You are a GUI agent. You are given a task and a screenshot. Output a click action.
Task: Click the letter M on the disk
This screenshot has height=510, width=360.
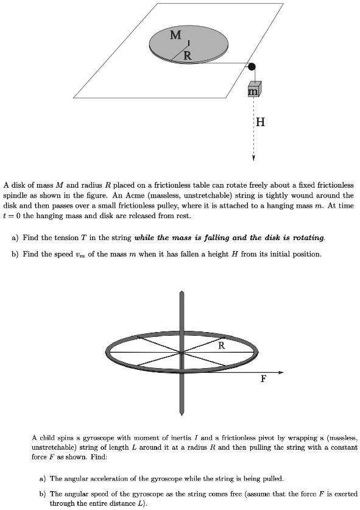click(175, 36)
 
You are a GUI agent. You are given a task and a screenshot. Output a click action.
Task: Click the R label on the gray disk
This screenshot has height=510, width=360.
click(188, 56)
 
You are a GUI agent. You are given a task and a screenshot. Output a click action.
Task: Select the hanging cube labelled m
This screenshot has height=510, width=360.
click(254, 89)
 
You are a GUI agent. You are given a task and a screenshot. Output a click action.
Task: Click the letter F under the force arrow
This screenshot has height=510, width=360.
click(263, 378)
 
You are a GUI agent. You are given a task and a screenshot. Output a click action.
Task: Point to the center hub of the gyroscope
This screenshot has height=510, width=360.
click(182, 352)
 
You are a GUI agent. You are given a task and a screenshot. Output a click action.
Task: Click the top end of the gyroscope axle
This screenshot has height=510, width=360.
click(182, 294)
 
